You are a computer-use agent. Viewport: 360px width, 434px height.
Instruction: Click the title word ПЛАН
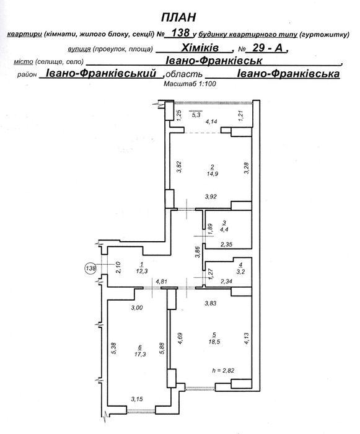(x=178, y=17)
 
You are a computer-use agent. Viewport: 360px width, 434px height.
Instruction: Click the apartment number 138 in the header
(x=180, y=33)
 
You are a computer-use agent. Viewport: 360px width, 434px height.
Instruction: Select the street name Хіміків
(x=200, y=48)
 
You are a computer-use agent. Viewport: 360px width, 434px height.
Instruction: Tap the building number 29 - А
(x=268, y=48)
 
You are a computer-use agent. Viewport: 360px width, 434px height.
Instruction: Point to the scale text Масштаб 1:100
(x=190, y=83)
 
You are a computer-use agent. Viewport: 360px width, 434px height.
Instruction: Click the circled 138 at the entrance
(x=90, y=268)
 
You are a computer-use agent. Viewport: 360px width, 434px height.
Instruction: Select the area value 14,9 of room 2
(x=213, y=174)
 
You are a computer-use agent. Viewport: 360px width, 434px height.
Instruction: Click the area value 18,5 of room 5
(x=214, y=342)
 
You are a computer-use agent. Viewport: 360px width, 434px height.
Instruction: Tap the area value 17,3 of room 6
(x=140, y=354)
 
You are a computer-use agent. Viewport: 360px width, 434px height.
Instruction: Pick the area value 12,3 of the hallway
(x=142, y=272)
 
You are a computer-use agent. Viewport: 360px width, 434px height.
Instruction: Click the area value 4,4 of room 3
(x=224, y=229)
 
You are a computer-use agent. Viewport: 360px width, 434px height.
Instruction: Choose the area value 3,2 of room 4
(x=241, y=272)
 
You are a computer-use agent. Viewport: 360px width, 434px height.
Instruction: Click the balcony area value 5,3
(x=196, y=115)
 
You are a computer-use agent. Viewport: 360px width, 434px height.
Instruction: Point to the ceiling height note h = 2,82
(x=223, y=370)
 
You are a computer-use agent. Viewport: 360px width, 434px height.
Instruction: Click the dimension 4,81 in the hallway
(x=162, y=281)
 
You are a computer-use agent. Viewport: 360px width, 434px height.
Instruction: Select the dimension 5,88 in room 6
(x=162, y=348)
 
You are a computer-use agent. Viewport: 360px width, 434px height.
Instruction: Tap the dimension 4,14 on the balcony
(x=211, y=121)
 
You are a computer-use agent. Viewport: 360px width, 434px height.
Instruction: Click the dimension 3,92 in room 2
(x=211, y=197)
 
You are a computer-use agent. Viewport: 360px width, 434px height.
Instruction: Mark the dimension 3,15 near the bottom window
(x=137, y=399)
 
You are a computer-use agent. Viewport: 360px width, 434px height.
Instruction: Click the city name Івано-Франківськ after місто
(x=214, y=61)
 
